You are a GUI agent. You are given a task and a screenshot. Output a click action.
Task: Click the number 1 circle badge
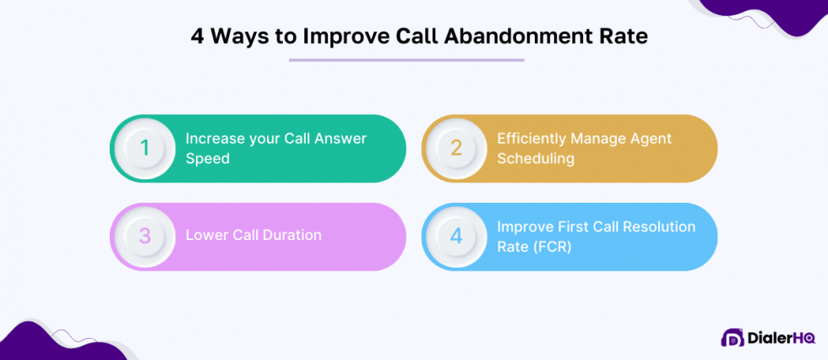click(x=144, y=149)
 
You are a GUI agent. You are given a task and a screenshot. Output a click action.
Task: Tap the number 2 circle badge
click(x=455, y=149)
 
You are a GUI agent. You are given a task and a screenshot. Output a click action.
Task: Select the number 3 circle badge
click(x=144, y=237)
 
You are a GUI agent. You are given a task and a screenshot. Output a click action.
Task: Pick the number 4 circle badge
click(x=455, y=237)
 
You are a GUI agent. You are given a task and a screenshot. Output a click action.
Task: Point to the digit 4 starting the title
click(x=198, y=39)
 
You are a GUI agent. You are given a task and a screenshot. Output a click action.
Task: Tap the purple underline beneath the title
click(x=406, y=60)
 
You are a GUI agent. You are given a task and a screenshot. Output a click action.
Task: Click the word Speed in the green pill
click(x=208, y=158)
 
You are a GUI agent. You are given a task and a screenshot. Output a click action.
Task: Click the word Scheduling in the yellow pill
click(x=536, y=158)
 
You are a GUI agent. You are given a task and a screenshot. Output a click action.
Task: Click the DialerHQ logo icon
click(x=733, y=337)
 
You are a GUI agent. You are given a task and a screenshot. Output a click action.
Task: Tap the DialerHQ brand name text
click(x=781, y=338)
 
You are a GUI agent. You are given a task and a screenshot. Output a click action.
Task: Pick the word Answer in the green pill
click(x=341, y=139)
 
